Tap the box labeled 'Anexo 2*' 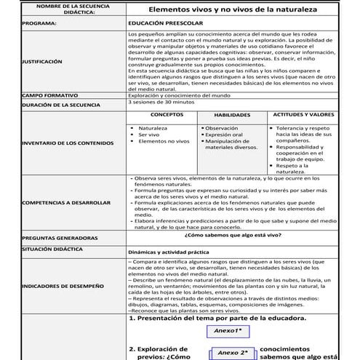[x=233, y=353]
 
